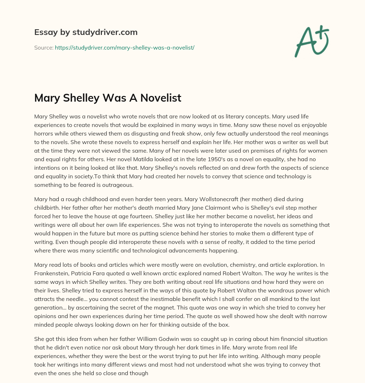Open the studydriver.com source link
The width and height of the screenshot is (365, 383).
click(x=124, y=47)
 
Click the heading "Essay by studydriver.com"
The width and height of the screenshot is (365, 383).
click(x=86, y=32)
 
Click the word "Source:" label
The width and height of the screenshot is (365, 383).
click(x=43, y=47)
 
